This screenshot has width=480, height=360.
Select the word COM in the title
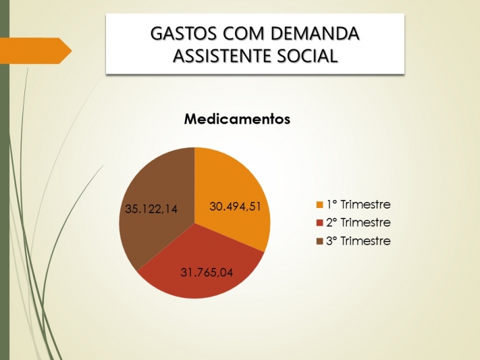click(x=243, y=34)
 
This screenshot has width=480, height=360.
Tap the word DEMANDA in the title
click(x=314, y=34)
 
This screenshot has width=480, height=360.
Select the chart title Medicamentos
click(x=237, y=119)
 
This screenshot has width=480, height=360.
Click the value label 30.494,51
click(x=235, y=207)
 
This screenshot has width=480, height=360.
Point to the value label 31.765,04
click(x=207, y=272)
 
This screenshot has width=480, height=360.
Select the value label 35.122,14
click(x=151, y=209)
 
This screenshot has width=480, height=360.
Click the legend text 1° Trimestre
click(x=358, y=204)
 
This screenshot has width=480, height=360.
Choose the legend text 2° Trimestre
click(x=358, y=222)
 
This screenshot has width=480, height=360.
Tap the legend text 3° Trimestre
click(x=358, y=241)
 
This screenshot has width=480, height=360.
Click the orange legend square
click(x=319, y=205)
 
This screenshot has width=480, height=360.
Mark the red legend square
click(x=319, y=222)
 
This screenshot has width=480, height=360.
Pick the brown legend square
click(x=319, y=242)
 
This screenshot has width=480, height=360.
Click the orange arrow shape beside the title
click(x=36, y=51)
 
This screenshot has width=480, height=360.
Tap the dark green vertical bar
click(x=5, y=180)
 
